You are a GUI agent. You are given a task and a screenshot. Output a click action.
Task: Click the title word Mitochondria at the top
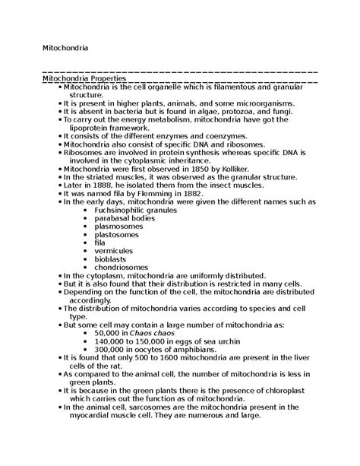(x=65, y=48)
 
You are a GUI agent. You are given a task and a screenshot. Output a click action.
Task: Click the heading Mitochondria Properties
(x=84, y=78)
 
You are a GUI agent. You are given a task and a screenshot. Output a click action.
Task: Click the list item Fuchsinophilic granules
(x=140, y=210)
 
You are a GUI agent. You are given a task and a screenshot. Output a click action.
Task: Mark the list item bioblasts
(x=112, y=258)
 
